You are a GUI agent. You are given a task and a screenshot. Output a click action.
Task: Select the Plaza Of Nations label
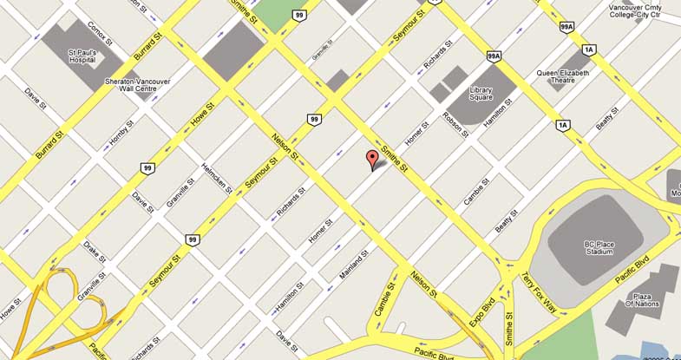point(643,299)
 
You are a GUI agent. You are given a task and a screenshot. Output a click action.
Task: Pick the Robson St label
point(456,125)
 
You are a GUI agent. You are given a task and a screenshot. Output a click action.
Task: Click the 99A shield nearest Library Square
point(494,56)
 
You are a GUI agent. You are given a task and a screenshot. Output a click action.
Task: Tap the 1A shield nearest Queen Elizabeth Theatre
point(589,49)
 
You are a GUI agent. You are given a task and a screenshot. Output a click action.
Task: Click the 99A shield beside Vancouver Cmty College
point(566,27)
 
